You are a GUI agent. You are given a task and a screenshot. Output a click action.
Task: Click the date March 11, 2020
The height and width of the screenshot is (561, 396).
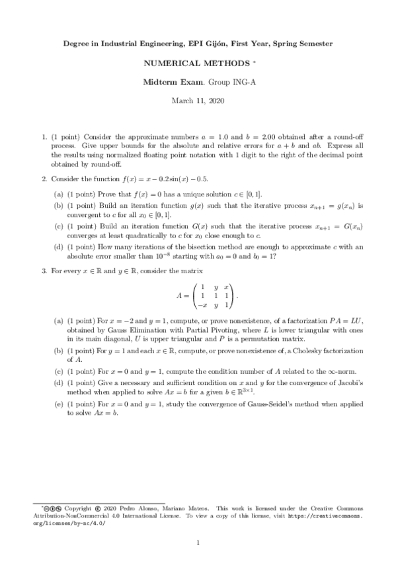[x=198, y=101]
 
